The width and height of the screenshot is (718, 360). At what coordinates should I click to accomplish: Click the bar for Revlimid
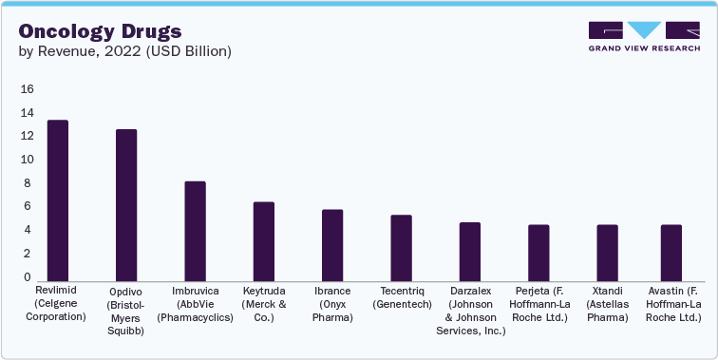[x=58, y=199]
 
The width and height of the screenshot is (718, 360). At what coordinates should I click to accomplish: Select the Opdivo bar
[x=126, y=204]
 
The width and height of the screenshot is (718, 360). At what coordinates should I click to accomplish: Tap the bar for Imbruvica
[x=195, y=230]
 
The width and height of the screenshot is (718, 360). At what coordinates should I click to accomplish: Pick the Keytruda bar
[x=264, y=240]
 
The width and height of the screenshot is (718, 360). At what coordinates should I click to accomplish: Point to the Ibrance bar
[x=332, y=244]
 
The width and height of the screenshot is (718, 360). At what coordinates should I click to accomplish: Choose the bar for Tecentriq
[x=402, y=247]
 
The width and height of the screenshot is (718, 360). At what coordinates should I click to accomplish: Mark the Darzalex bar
[x=470, y=251]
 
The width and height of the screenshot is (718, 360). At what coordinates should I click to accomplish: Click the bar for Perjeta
[x=538, y=252]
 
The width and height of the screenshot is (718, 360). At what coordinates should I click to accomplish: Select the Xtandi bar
[x=607, y=252]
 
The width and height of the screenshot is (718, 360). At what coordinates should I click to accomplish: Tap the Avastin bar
[x=671, y=252]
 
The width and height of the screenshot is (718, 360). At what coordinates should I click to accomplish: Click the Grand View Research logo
[x=644, y=35]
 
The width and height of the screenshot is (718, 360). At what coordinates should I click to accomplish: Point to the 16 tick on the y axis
[x=27, y=89]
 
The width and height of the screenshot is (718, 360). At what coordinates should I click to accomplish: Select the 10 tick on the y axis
[x=27, y=160]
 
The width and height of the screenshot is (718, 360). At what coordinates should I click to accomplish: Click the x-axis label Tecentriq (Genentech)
[x=401, y=297]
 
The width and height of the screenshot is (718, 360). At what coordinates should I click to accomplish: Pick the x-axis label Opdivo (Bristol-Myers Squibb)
[x=126, y=311]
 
